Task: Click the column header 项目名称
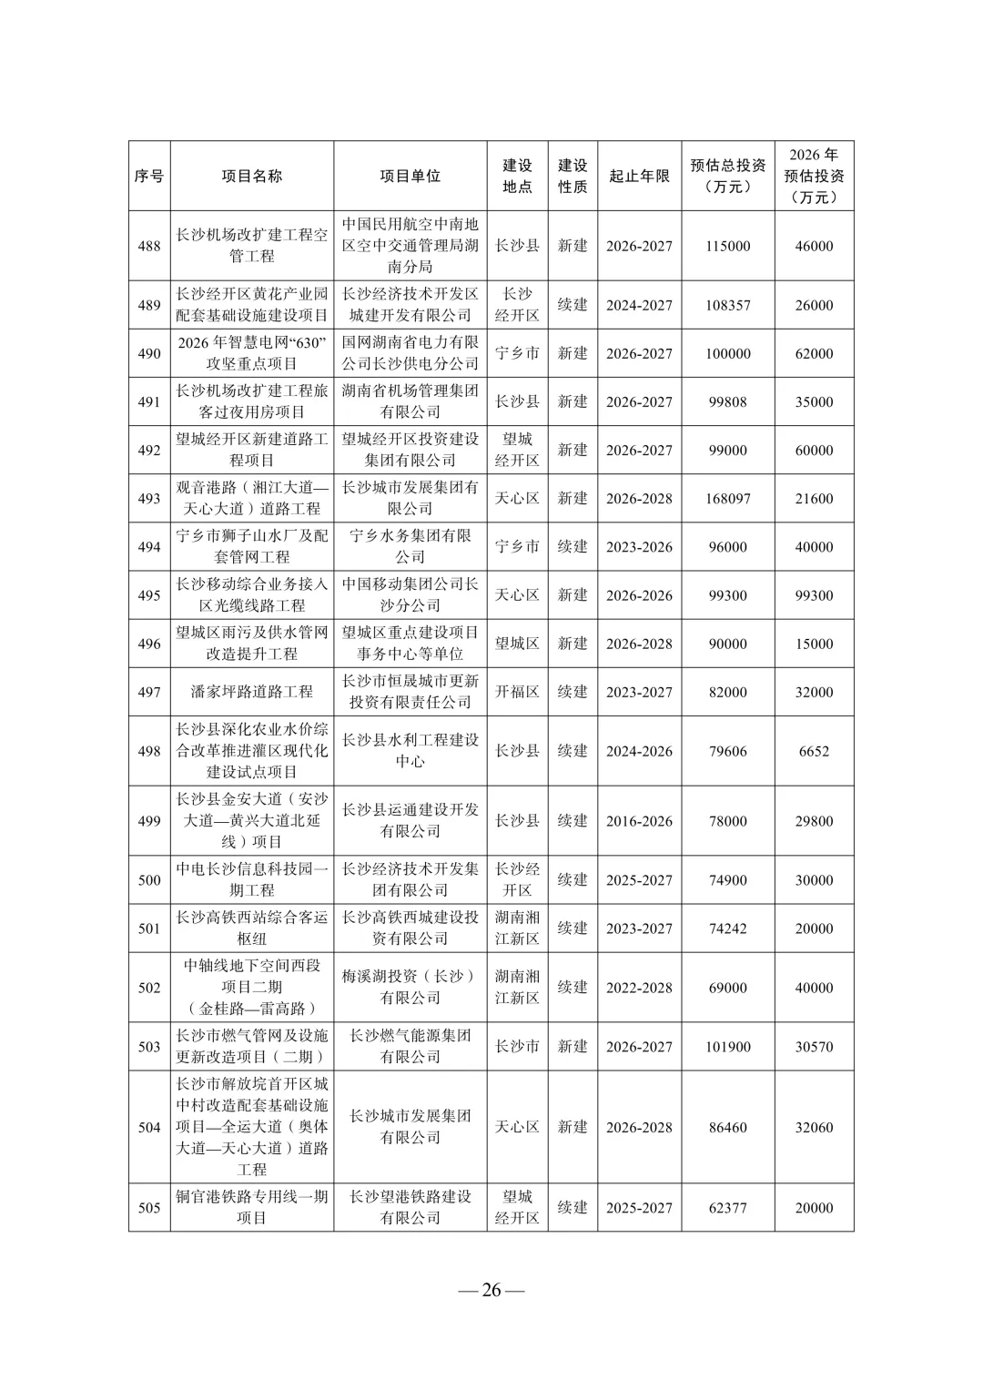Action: pos(251,176)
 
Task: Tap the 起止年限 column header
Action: pos(639,176)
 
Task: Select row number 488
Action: pos(149,246)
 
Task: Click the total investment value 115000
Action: pos(728,246)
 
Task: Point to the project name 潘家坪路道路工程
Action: pos(251,692)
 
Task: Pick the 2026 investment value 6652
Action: pos(814,751)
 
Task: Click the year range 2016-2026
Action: pos(639,821)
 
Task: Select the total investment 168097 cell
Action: pos(728,499)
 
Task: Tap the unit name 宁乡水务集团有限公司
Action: pos(410,546)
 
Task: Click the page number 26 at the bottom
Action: pos(491,1290)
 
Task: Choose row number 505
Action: pos(149,1208)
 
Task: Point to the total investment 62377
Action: pos(728,1208)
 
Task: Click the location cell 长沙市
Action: pos(517,1047)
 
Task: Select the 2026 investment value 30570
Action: pos(814,1047)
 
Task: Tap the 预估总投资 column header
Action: pos(728,176)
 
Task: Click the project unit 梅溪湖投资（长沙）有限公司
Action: pos(410,987)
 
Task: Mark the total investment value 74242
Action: pos(728,928)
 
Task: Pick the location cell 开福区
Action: pos(517,692)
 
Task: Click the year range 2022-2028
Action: pos(639,988)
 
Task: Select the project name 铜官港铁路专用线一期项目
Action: pos(251,1207)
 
